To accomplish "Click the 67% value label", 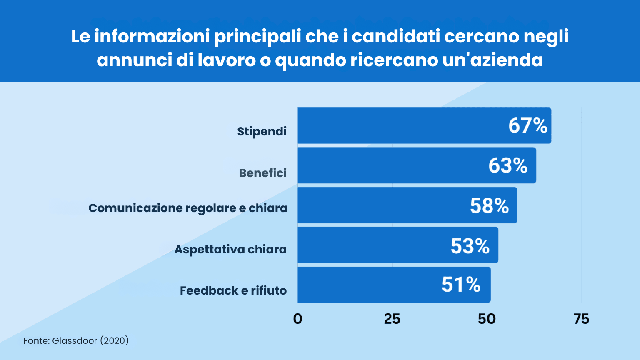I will pyautogui.click(x=527, y=125).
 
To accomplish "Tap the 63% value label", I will pyautogui.click(x=508, y=165).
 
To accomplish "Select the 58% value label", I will pyautogui.click(x=489, y=205).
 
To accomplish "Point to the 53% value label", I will pyautogui.click(x=470, y=246).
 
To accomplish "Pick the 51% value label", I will pyautogui.click(x=461, y=285).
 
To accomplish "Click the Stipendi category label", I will pyautogui.click(x=262, y=131).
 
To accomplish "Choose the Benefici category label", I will pyautogui.click(x=262, y=173).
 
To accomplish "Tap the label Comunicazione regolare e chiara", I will pyautogui.click(x=188, y=208).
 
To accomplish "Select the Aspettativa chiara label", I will pyautogui.click(x=230, y=249).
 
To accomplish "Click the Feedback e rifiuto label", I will pyautogui.click(x=233, y=290).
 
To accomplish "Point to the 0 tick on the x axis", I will pyautogui.click(x=297, y=319).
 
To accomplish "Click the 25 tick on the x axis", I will pyautogui.click(x=392, y=319).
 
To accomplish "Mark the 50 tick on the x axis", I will pyautogui.click(x=487, y=319).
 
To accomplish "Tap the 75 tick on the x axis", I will pyautogui.click(x=581, y=319).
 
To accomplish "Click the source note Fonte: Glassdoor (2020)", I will pyautogui.click(x=76, y=340).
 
